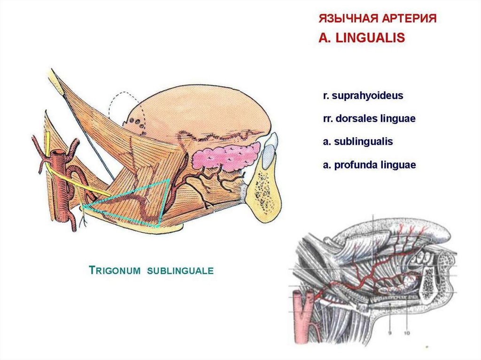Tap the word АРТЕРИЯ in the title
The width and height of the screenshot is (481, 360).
410,19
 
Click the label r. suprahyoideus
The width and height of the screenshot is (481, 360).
363,96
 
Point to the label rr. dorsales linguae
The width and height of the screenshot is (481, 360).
369,119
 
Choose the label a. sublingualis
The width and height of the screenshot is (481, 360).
357,141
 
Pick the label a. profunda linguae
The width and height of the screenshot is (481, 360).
369,165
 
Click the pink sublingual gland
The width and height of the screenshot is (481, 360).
225,158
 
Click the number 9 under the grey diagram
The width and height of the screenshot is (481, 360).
389,333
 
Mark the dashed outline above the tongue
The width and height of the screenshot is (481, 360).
117,101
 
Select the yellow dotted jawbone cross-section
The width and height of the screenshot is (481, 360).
265,192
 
